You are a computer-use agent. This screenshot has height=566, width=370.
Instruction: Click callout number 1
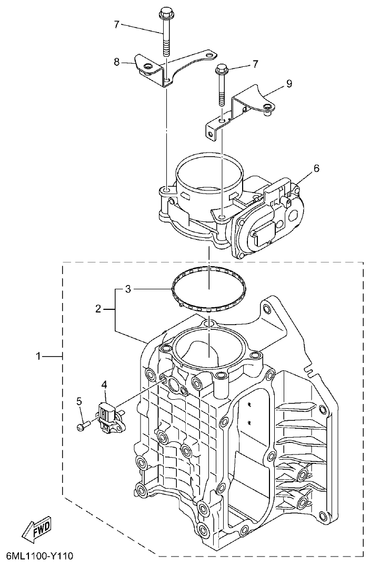click(x=38, y=357)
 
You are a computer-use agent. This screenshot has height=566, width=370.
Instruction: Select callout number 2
click(x=98, y=309)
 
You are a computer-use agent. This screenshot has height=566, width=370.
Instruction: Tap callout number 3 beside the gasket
click(x=128, y=289)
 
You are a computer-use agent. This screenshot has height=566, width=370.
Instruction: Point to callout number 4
click(x=105, y=385)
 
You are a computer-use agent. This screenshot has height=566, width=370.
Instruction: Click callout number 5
click(x=79, y=401)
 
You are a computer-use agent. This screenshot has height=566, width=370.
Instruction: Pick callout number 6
click(x=316, y=168)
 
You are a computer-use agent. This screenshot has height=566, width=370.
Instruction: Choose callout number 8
click(x=117, y=62)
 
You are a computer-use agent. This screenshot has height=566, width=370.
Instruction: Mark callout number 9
click(x=289, y=83)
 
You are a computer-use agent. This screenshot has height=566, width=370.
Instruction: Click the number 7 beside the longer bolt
click(x=117, y=24)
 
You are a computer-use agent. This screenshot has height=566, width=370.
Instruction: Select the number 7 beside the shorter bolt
click(x=255, y=64)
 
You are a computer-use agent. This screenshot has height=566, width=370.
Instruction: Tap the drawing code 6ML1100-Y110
click(x=39, y=556)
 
